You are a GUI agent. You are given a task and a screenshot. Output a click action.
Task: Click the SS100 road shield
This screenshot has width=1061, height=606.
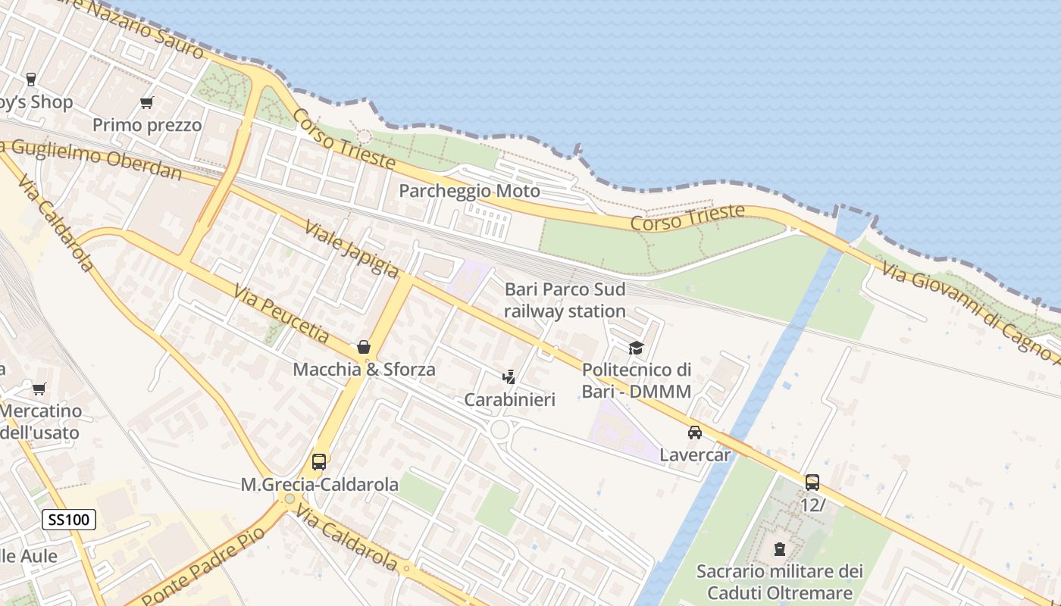click(68, 520)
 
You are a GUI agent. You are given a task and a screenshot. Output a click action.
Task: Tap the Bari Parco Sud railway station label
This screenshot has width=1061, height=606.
click(565, 300)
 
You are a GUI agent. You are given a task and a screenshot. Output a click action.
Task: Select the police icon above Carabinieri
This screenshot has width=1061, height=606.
click(509, 376)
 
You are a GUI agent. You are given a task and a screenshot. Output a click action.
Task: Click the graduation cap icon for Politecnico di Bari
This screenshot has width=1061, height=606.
click(636, 348)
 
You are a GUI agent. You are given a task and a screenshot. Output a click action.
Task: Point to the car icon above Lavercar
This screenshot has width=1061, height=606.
click(694, 433)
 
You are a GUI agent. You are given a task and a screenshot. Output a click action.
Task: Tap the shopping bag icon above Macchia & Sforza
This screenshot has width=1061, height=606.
click(364, 347)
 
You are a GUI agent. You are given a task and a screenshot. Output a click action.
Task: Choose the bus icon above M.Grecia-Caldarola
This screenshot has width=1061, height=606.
click(319, 461)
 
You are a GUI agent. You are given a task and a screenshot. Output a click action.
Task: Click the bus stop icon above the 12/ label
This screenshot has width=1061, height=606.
click(812, 482)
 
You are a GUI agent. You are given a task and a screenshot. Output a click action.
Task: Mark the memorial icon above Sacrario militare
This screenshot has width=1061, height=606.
click(779, 548)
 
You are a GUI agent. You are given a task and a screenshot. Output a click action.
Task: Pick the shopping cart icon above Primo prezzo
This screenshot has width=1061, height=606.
click(146, 102)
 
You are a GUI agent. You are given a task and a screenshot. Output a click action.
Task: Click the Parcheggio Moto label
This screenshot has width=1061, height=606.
click(469, 191)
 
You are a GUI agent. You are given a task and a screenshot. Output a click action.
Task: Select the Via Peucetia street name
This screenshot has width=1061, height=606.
click(281, 313)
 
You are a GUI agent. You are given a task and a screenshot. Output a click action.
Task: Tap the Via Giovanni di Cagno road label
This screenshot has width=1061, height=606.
click(970, 309)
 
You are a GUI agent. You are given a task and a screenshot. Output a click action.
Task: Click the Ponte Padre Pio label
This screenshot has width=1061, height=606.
click(203, 566)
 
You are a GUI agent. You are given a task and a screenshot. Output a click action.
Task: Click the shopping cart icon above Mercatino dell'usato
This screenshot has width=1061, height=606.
click(39, 389)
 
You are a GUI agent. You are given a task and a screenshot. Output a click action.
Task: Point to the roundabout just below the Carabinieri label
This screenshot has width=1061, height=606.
click(500, 430)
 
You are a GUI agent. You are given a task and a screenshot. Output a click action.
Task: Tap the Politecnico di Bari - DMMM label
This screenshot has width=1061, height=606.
click(636, 380)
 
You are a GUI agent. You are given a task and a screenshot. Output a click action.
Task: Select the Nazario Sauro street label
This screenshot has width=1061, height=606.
click(144, 27)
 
